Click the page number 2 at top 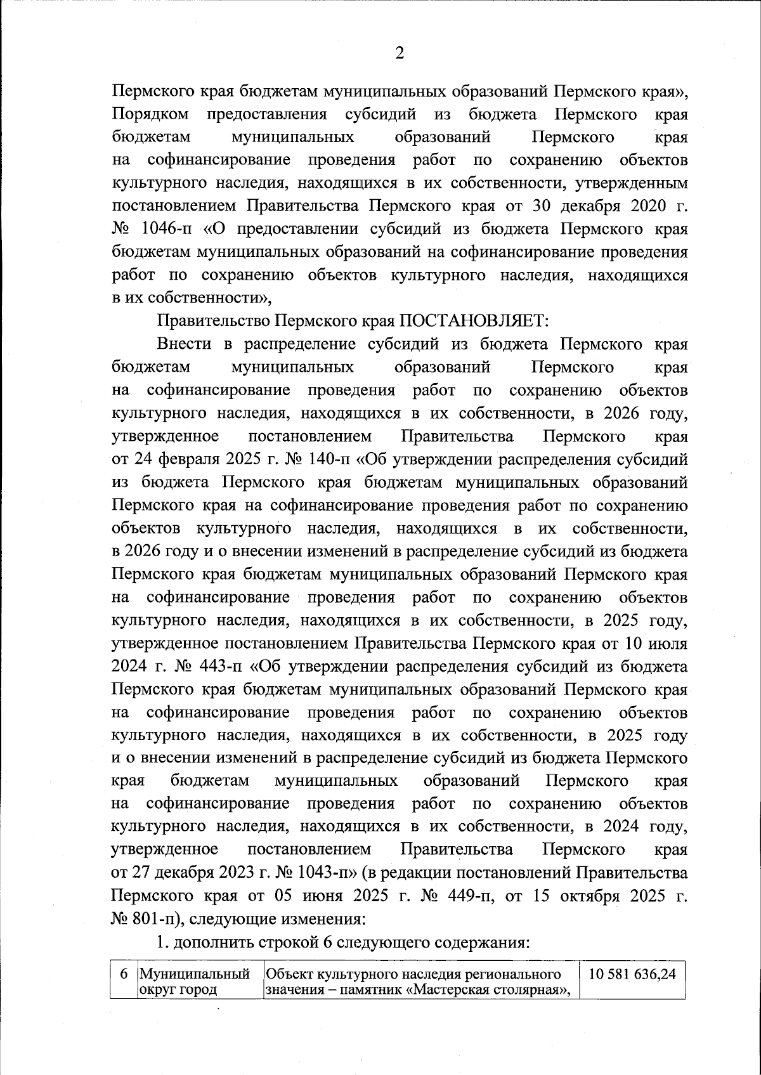point(400,53)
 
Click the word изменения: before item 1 point(329,919)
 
